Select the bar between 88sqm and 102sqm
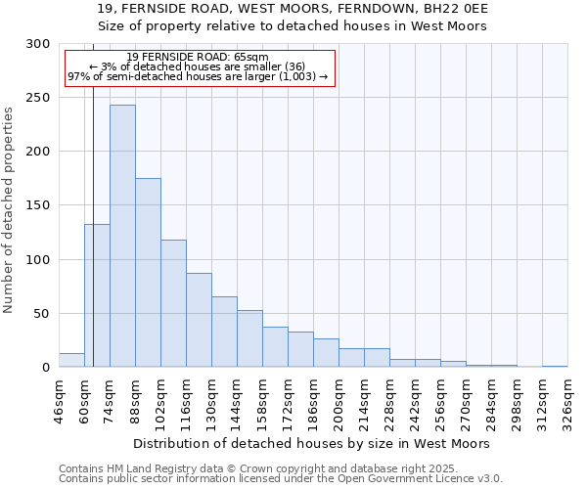coord(148,273)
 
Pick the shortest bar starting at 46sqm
coord(71,360)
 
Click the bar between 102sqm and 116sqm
coord(173,303)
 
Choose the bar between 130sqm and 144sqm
coord(224,332)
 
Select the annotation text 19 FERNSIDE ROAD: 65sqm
coord(198,58)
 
